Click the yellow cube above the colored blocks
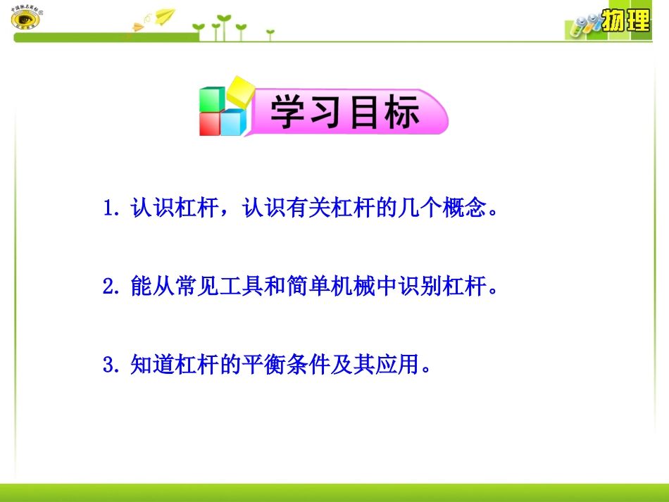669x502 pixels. click(x=239, y=93)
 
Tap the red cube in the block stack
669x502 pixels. click(x=210, y=124)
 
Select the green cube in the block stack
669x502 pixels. click(x=211, y=99)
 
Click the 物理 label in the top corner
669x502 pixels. click(x=626, y=21)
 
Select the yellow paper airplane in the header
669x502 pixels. click(x=164, y=15)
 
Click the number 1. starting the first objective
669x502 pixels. click(x=113, y=209)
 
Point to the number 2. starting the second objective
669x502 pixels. click(x=113, y=287)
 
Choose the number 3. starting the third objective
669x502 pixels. click(x=113, y=365)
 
